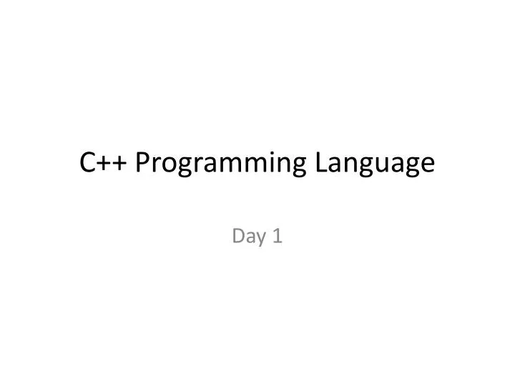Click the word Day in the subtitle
point(247,237)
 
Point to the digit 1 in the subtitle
point(278,235)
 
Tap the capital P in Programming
point(142,164)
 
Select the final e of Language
point(427,167)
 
